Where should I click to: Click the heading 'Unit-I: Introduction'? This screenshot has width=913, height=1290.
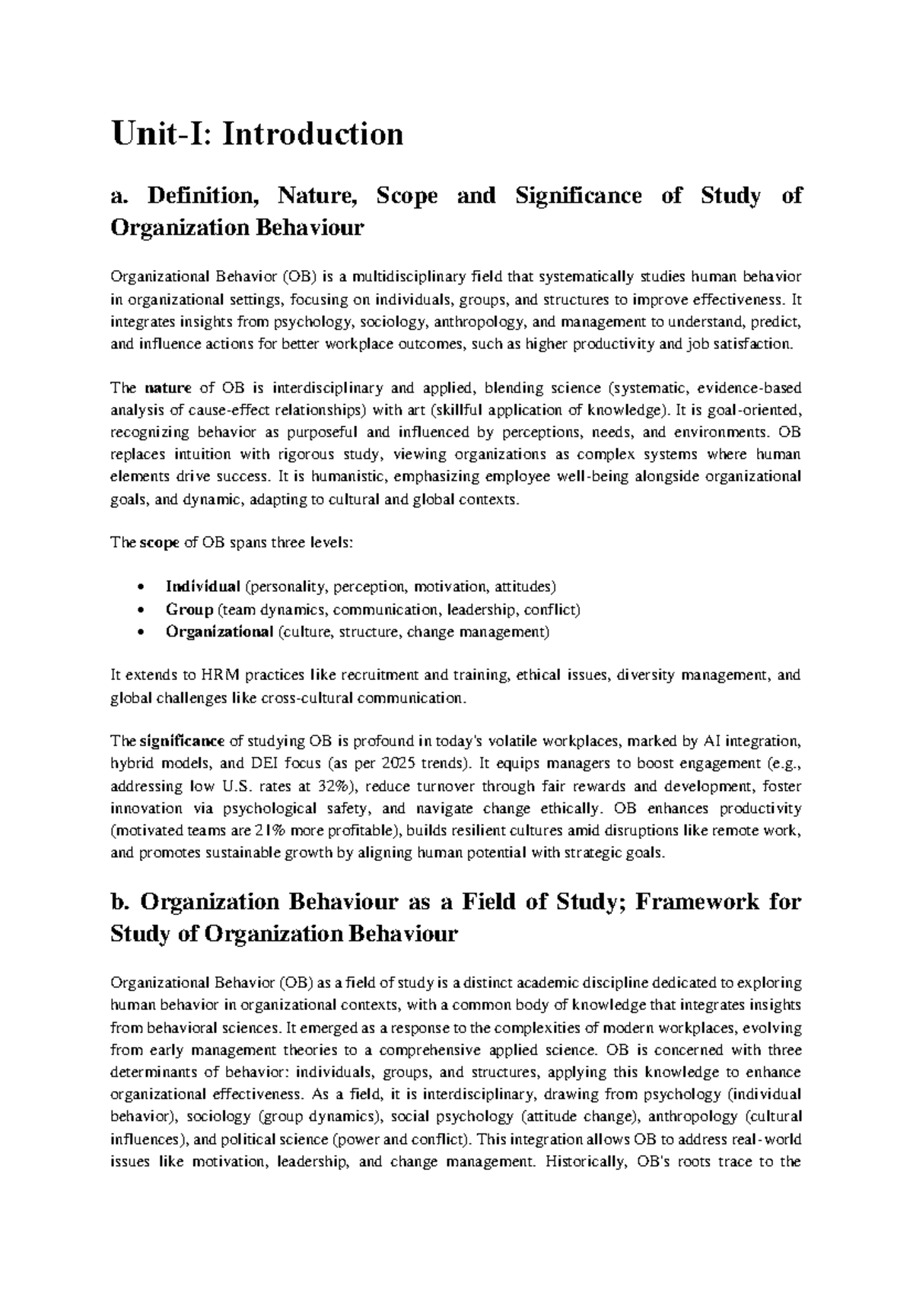(x=256, y=135)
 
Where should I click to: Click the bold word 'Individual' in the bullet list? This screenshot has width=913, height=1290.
(x=202, y=587)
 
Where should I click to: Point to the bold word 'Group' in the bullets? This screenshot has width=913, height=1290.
(x=189, y=609)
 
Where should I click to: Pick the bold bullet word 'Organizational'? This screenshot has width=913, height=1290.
(x=219, y=631)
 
